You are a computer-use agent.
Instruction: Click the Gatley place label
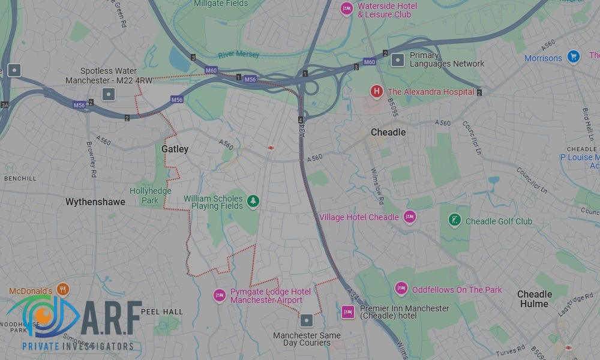tap(175, 149)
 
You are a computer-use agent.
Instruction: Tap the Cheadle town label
tap(388, 132)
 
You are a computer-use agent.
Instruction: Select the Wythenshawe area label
tap(95, 202)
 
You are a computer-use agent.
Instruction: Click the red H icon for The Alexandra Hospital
tap(376, 91)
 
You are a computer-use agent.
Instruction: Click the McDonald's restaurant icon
tap(63, 290)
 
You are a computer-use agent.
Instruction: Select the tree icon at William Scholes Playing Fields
tap(253, 202)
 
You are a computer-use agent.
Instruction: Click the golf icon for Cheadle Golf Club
tap(455, 220)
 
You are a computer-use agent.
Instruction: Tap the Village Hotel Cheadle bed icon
tap(410, 217)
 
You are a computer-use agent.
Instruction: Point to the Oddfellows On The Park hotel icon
tap(401, 289)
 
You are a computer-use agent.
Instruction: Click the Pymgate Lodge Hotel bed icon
tap(220, 295)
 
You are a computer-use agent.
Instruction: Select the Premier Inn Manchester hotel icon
tap(347, 311)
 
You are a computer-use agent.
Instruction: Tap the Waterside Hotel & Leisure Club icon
tap(346, 9)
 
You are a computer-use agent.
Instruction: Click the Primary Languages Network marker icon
tap(398, 59)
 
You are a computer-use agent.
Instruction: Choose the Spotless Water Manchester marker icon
tap(109, 94)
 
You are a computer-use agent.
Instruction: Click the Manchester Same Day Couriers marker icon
tap(307, 320)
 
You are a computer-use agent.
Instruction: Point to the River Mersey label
tap(239, 55)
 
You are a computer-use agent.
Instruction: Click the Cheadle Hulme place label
tap(534, 299)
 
